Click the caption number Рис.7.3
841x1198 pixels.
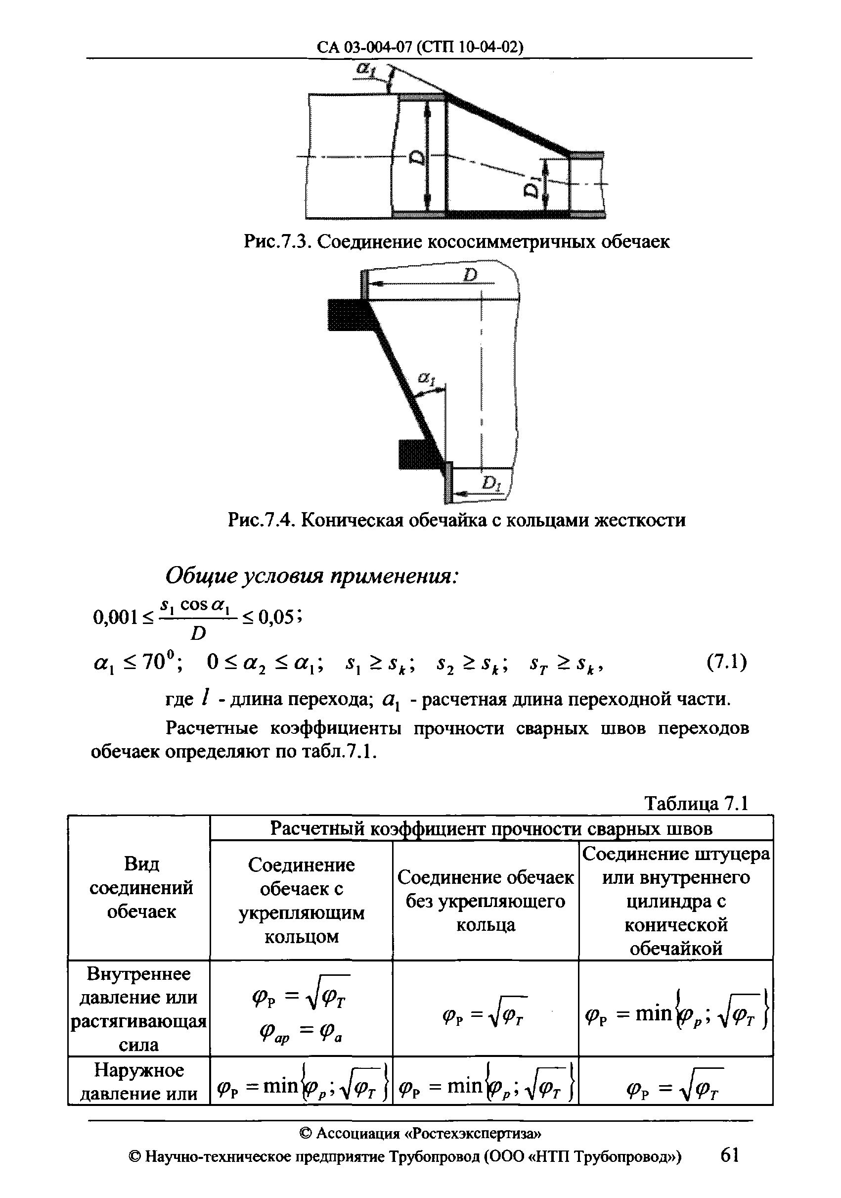coord(276,241)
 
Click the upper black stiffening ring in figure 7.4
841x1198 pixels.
coord(346,315)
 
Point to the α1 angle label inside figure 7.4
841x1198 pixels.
coord(426,380)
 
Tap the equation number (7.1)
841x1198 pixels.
coord(726,663)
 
